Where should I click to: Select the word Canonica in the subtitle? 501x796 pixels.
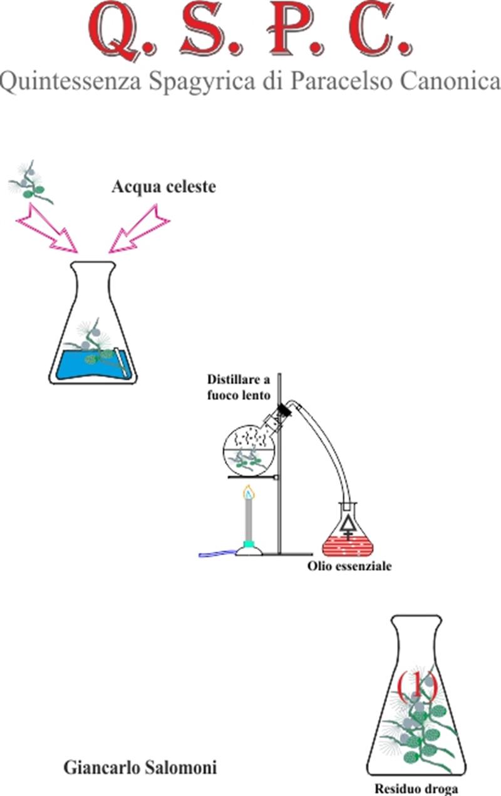coord(458,82)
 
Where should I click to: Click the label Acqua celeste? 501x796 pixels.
coord(163,186)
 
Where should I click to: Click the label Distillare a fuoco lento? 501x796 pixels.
coord(239,387)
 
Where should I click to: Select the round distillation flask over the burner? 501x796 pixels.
coord(250,448)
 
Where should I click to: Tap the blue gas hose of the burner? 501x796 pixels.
coord(217,553)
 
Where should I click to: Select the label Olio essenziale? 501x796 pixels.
coord(349,567)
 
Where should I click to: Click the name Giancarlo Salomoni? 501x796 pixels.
coord(140,767)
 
